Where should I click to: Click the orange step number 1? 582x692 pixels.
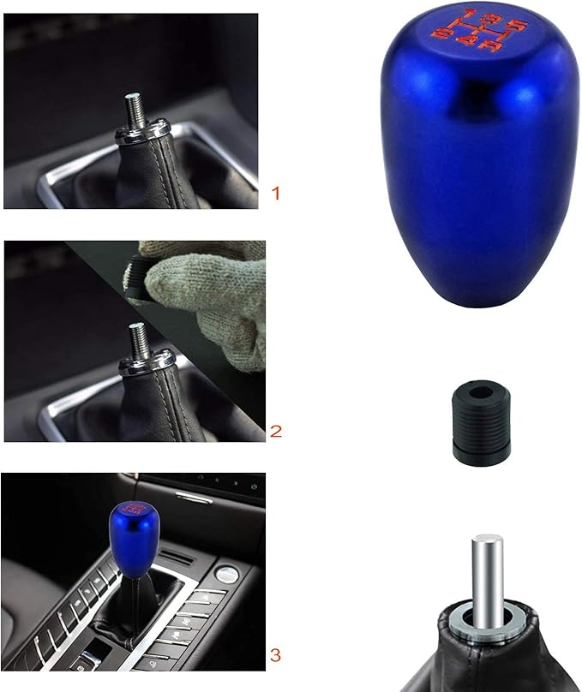click(275, 194)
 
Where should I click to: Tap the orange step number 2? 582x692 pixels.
click(275, 430)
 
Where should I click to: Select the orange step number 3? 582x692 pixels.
click(274, 656)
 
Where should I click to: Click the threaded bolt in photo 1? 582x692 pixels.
click(135, 110)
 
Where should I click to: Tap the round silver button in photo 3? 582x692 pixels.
click(227, 573)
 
